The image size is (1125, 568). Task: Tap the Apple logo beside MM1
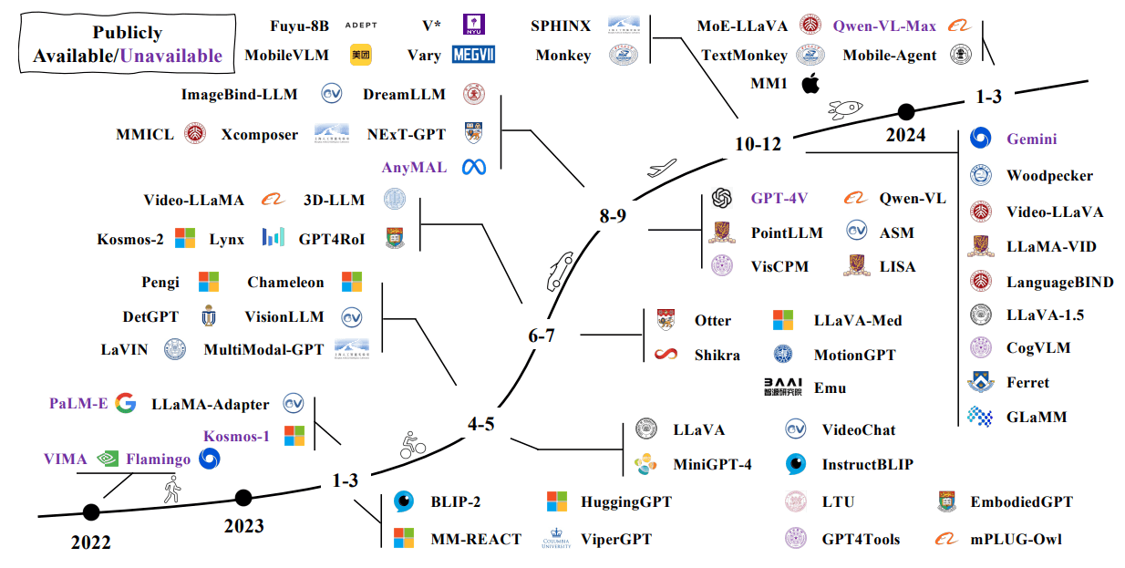(810, 85)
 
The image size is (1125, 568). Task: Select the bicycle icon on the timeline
(413, 446)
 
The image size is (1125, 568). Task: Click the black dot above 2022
(91, 512)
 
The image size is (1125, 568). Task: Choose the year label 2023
(243, 526)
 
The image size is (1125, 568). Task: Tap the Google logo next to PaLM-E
(126, 404)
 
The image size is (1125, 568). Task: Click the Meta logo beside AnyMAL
(474, 167)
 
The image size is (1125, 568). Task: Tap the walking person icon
(170, 493)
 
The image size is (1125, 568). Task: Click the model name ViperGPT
(616, 539)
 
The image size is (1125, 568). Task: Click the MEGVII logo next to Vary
(473, 55)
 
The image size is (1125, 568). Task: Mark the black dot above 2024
(905, 112)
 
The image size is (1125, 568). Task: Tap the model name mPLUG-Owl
(1016, 539)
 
